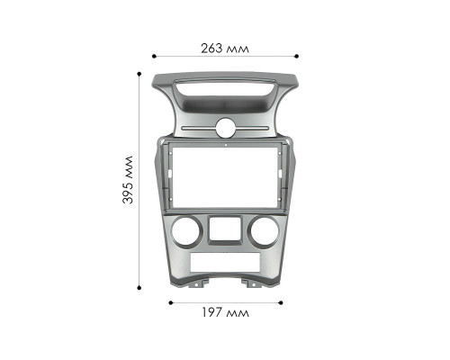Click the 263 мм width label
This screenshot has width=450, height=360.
[x=225, y=48]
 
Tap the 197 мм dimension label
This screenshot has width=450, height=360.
[x=225, y=313]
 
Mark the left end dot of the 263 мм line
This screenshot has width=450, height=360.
[x=152, y=55]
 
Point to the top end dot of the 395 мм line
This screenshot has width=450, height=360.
[x=139, y=71]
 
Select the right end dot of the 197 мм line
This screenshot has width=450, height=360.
[x=279, y=303]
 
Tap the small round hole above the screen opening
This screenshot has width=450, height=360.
[x=226, y=126]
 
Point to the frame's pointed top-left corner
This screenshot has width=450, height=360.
[x=155, y=75]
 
